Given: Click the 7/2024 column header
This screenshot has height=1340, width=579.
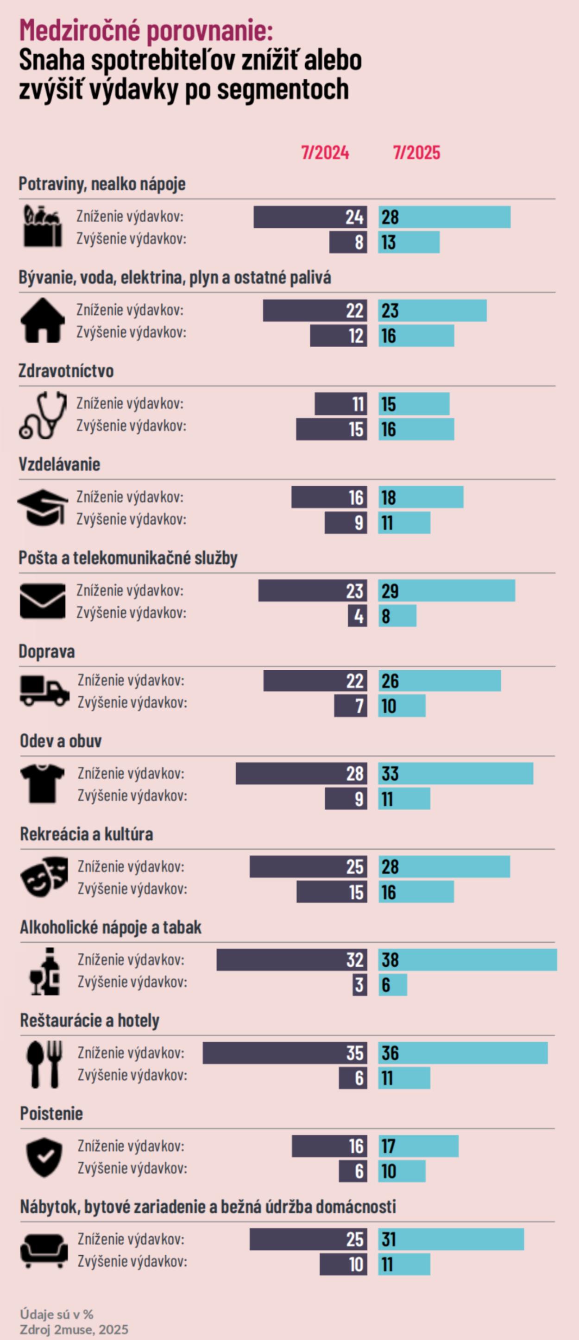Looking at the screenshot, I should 325,152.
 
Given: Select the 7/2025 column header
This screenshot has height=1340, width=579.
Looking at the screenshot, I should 416,152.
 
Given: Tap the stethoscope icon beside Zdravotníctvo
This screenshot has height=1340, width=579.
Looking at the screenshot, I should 43,415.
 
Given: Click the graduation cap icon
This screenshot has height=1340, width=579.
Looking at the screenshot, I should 43,507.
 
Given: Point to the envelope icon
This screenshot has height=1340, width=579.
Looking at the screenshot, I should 43,601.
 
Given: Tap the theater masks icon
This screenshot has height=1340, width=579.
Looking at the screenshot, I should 44,877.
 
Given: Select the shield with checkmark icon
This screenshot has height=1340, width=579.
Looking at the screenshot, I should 44,1158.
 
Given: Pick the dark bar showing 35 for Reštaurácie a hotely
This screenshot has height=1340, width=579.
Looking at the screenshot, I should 284,1053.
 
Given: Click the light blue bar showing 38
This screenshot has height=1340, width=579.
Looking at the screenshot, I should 467,960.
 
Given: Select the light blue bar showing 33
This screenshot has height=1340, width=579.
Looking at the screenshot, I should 455,774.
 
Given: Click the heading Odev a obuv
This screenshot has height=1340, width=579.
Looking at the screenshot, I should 60,741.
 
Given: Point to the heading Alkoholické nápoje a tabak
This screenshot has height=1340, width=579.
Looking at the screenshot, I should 110,927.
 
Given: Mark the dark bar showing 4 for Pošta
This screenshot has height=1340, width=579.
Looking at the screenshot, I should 358,616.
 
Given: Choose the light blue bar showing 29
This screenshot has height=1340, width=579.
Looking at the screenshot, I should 447,590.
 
